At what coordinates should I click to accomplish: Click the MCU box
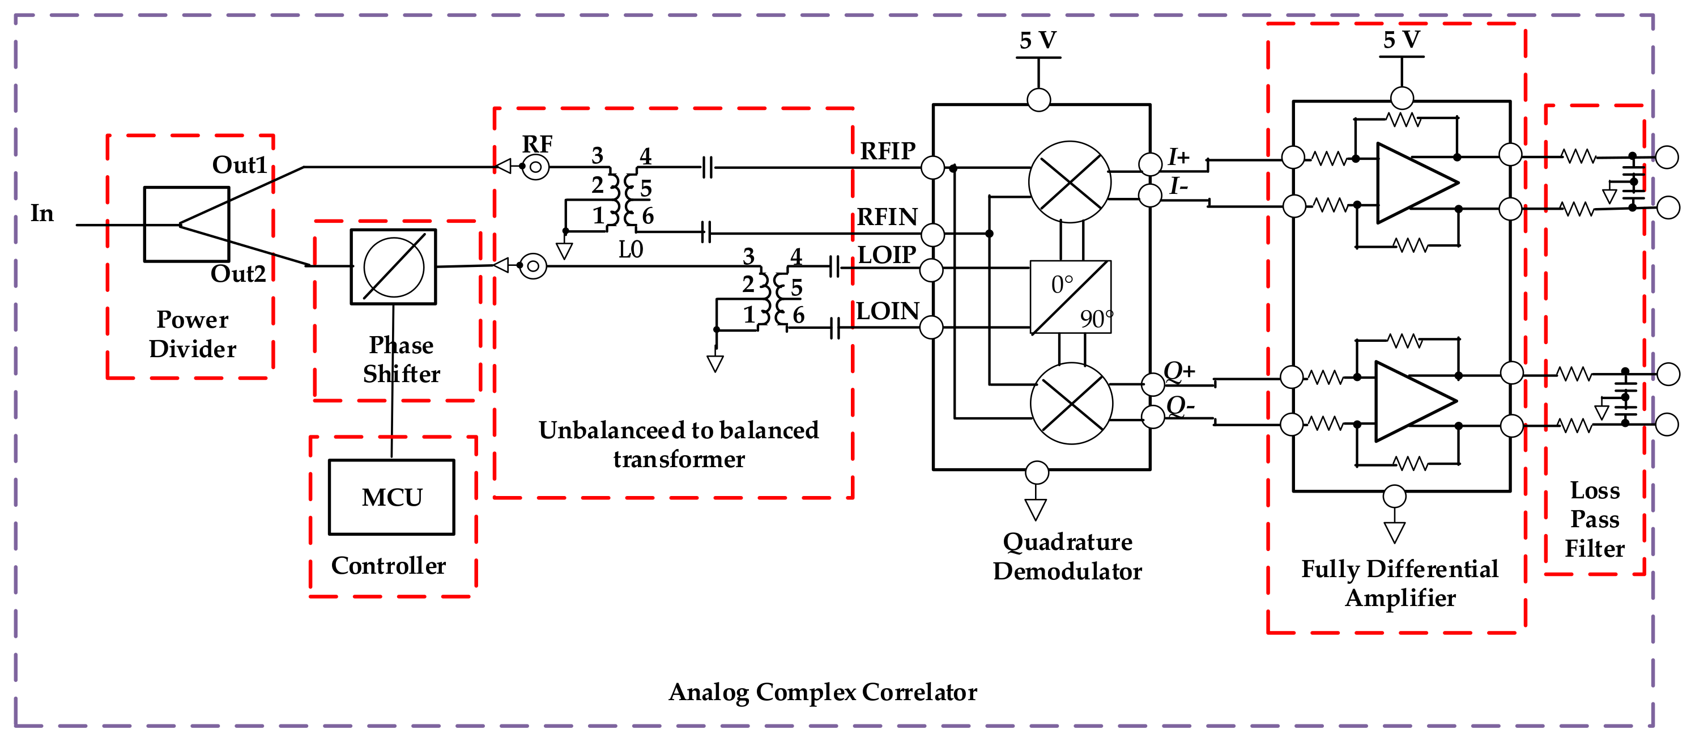[391, 497]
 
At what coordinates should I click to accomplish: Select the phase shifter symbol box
[393, 266]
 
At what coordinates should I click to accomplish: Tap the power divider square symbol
[186, 224]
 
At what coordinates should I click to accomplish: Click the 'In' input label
[42, 214]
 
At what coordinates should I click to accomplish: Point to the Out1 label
[239, 165]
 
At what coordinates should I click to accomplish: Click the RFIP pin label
[888, 151]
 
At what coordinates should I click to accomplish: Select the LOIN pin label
[888, 311]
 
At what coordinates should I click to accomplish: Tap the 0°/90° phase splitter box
[1070, 297]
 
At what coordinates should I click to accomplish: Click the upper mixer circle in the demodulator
[1070, 182]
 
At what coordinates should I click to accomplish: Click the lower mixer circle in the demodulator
[1071, 403]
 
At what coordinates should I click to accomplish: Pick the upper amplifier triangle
[1415, 183]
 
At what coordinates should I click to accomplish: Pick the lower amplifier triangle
[1413, 401]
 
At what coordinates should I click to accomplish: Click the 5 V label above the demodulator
[1038, 41]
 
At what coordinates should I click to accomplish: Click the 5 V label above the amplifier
[1402, 40]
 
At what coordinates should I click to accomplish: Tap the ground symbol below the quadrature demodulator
[1036, 509]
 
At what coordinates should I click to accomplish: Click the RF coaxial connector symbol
[536, 167]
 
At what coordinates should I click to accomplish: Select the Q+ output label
[1179, 371]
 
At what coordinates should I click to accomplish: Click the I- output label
[1179, 187]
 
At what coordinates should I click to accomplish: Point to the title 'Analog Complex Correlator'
[823, 692]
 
